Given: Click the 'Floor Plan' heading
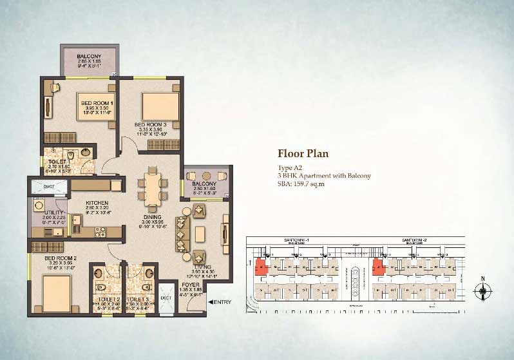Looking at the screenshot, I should [303, 153].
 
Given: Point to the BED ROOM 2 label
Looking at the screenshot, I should [61, 259].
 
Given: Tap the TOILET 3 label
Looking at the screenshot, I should [139, 299].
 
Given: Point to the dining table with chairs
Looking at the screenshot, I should [153, 185].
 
